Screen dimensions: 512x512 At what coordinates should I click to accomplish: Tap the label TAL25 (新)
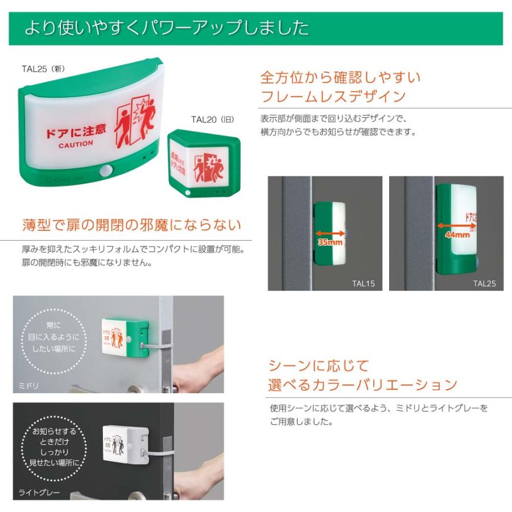[43, 68]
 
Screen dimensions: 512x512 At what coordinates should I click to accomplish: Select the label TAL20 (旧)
[212, 119]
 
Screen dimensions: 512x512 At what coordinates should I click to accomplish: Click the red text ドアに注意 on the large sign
[76, 131]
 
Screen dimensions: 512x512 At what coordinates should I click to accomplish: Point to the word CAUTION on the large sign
[75, 144]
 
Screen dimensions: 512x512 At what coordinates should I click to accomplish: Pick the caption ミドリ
[28, 386]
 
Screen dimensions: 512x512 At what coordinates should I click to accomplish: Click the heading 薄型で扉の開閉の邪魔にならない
[131, 225]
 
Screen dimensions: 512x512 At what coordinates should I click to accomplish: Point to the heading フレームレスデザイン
[333, 95]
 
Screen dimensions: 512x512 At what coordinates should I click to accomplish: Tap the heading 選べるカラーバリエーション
[362, 385]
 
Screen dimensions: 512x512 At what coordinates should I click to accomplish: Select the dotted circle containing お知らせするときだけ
[53, 448]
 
